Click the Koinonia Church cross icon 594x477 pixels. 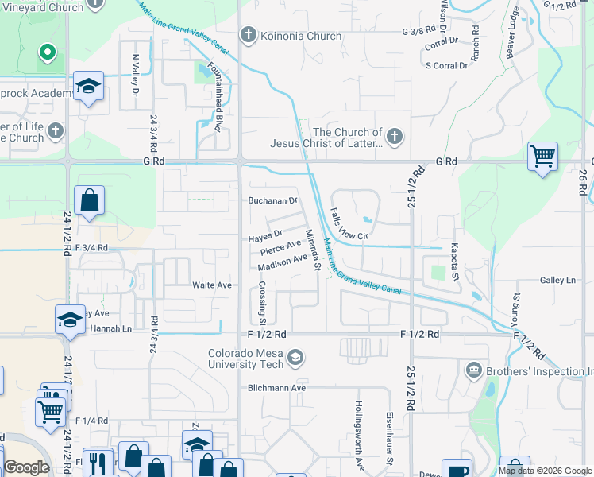(x=249, y=36)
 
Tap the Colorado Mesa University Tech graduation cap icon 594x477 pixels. (x=295, y=359)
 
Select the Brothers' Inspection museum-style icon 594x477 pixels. (x=474, y=370)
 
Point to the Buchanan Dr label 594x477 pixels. (x=272, y=201)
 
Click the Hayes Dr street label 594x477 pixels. (x=265, y=237)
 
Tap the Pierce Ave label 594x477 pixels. (x=280, y=248)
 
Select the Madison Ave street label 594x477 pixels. (x=282, y=262)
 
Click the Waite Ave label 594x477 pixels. (x=211, y=285)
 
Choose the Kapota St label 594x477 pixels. (x=455, y=262)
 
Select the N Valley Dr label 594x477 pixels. (x=136, y=76)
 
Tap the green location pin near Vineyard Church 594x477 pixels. (x=47, y=54)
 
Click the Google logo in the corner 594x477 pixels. (x=26, y=467)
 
